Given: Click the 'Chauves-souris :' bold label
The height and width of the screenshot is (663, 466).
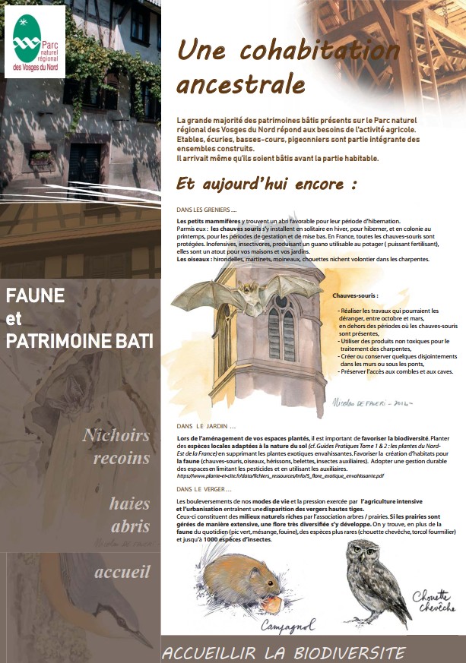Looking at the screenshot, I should pos(355,295).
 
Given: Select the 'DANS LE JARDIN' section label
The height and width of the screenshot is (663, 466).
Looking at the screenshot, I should pos(206,427).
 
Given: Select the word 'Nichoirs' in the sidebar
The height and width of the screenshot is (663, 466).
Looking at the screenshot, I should pos(116,436).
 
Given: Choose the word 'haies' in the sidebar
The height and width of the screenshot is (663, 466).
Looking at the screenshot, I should pos(129,504).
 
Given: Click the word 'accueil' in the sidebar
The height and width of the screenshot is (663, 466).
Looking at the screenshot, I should pos(122,573).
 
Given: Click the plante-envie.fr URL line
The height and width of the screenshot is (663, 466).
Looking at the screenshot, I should pos(280,476).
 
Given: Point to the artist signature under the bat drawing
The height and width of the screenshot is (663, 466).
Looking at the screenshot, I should pos(372,403).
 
